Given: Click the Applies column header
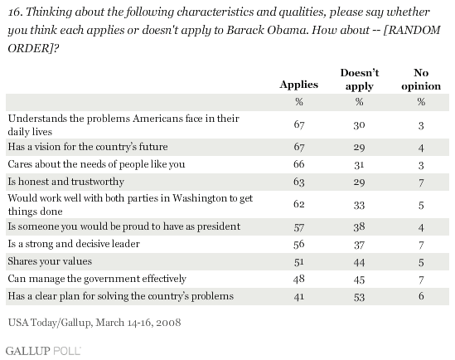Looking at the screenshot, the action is pos(299,85).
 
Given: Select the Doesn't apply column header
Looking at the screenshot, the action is pos(360,80).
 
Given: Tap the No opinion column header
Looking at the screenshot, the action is pos(421,80).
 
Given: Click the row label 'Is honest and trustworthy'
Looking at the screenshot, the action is pos(66,182).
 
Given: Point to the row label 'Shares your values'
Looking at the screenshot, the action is pos(50,261).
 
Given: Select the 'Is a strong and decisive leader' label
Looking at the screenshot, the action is pos(74,244).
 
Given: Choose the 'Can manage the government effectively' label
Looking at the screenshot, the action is pos(97,279).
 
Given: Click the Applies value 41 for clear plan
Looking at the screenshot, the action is pos(299,296).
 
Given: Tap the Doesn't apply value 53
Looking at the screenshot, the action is pos(359,297).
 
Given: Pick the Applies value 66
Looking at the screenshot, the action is pos(299,164).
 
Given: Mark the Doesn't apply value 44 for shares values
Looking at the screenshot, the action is pos(359,262).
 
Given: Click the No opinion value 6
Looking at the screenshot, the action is pos(421,296).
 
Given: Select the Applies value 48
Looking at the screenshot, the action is pos(299,279).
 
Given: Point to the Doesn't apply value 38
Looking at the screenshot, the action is pos(359,226).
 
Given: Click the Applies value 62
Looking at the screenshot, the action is pos(299,204).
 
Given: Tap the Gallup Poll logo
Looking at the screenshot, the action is pos(43,351).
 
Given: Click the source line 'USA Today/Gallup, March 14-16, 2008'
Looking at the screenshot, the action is pos(94,323).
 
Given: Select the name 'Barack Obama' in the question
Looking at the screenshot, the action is pos(266,30).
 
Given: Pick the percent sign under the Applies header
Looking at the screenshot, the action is pos(299,102).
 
